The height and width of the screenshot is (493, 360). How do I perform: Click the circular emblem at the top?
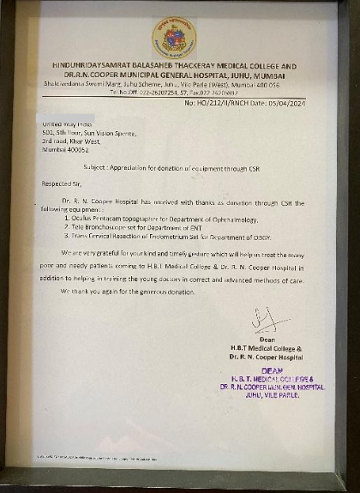point(174,38)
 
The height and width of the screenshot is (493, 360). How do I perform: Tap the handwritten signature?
point(267,321)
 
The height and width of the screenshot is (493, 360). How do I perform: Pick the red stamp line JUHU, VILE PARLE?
point(271,395)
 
